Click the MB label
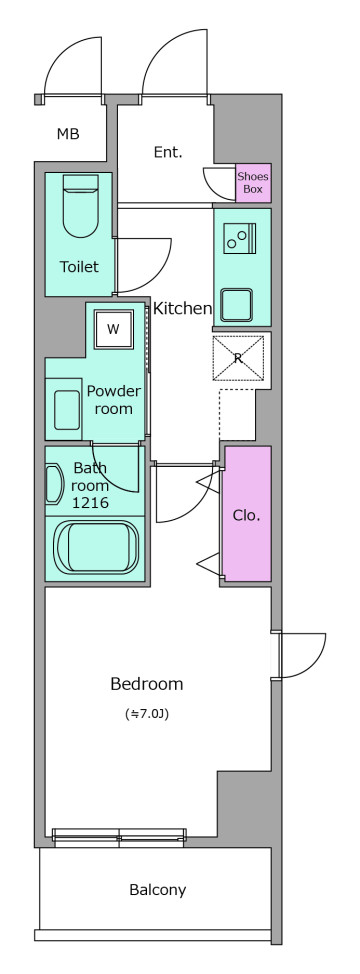[x=68, y=134]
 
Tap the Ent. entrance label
[x=168, y=152]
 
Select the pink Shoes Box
[x=253, y=183]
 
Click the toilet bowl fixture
[x=81, y=206]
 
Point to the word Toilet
[x=79, y=267]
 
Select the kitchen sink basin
[x=236, y=305]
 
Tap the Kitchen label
[x=182, y=308]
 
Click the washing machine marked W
[x=113, y=329]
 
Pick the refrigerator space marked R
[x=238, y=357]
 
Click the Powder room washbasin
[x=66, y=409]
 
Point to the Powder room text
[x=114, y=399]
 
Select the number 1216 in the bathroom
[x=91, y=503]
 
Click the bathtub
[x=96, y=546]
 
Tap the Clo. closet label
[x=246, y=515]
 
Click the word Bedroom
[x=146, y=684]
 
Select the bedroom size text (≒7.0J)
[x=147, y=714]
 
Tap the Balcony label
[x=158, y=890]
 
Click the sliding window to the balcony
[x=119, y=836]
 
